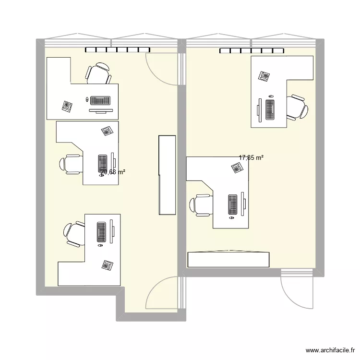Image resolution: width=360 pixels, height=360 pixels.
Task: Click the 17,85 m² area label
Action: tap(251, 157)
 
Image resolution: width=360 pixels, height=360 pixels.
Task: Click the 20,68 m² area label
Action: tap(113, 171)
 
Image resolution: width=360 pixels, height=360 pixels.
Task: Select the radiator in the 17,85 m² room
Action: tap(252, 50)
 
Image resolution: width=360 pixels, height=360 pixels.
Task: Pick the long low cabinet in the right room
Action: tap(228, 259)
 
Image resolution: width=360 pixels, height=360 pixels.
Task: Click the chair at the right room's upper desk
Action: tap(296, 107)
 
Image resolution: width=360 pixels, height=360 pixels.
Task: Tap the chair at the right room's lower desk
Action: tap(201, 205)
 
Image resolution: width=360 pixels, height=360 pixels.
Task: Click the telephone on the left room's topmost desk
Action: tap(67, 106)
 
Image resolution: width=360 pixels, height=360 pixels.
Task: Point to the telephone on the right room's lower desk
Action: tap(237, 168)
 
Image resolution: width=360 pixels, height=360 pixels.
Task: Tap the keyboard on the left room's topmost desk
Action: tap(100, 101)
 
